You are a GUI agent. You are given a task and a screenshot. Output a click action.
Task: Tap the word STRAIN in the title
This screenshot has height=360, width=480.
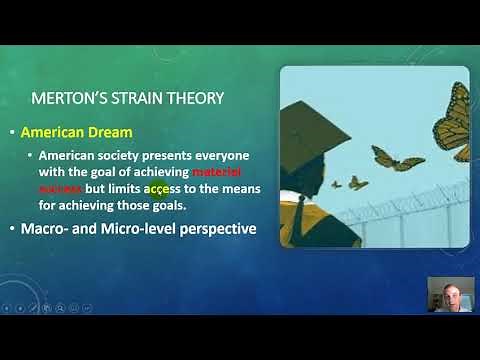[x=142, y=98]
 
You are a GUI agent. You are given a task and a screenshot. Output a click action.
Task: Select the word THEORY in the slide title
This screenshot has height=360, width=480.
[x=198, y=98]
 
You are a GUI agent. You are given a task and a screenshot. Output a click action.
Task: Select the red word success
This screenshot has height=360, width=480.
[x=62, y=187]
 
